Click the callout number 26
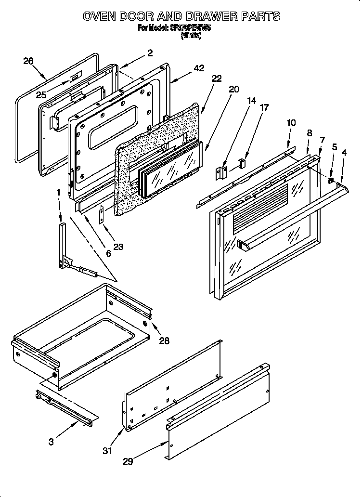(x=28, y=61)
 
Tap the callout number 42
(x=199, y=69)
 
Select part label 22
(x=217, y=78)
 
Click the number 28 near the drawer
(x=164, y=340)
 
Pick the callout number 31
(x=107, y=451)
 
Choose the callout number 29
(x=128, y=461)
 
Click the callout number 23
(x=118, y=247)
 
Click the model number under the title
(x=191, y=27)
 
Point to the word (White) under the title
(x=191, y=35)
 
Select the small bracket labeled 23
(x=102, y=214)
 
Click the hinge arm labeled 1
(x=63, y=243)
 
